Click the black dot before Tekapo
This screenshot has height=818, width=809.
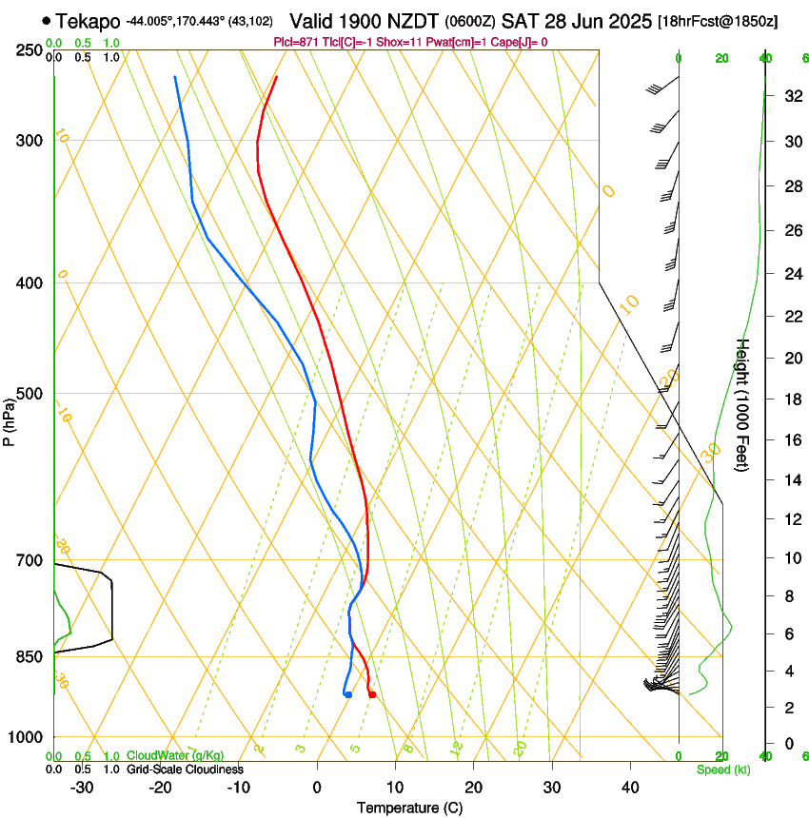(46, 20)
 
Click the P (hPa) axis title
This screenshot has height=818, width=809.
(9, 418)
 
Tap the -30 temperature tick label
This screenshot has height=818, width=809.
(82, 788)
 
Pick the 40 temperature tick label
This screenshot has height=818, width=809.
(629, 788)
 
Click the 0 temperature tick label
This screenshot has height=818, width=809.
(317, 788)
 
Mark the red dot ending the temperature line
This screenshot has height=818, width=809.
(371, 694)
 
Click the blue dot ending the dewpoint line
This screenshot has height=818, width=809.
(348, 694)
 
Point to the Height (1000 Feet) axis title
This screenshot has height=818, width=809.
(743, 404)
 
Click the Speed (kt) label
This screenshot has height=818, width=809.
(723, 769)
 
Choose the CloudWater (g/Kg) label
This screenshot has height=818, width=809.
(168, 755)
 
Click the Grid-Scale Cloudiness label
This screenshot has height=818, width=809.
(185, 769)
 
